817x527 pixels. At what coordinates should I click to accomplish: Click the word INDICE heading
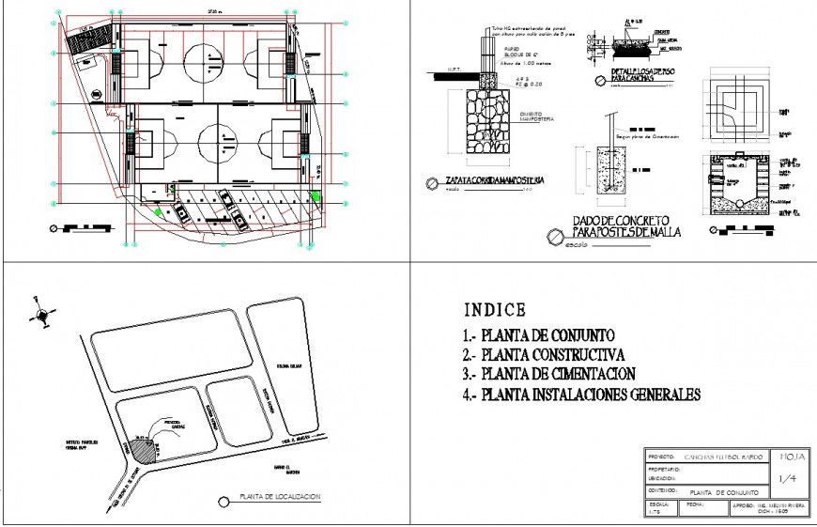[x=495, y=310]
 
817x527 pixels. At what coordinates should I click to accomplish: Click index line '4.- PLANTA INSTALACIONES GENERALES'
[x=581, y=395]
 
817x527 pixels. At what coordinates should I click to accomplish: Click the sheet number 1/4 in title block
[x=790, y=479]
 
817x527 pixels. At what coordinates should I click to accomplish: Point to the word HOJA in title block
[x=790, y=457]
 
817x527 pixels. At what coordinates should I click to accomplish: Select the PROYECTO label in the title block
[x=662, y=457]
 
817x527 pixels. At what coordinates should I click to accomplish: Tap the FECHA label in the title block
[x=696, y=504]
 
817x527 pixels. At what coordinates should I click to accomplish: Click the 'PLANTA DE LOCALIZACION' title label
[x=279, y=497]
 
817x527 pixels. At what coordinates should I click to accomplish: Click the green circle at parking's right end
[x=316, y=195]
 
